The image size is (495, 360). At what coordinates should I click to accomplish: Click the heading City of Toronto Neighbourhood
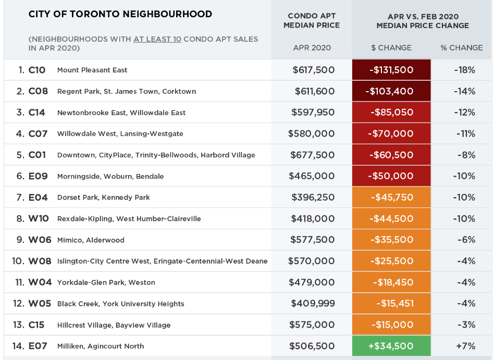120,14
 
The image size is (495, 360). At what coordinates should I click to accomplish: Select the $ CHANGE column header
391,47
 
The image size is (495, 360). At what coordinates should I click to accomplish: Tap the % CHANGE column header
461,47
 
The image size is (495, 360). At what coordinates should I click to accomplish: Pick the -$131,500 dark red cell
391,70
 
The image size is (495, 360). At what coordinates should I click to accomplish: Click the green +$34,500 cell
391,346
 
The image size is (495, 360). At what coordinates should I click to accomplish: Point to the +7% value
464,346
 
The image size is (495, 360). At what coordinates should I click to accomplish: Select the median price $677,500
312,155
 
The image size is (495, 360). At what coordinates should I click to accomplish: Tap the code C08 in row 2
38,91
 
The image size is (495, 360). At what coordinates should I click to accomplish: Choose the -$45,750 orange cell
391,197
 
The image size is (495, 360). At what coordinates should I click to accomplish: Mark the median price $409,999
312,304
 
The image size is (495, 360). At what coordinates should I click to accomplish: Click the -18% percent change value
464,70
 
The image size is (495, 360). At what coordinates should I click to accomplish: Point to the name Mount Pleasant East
92,70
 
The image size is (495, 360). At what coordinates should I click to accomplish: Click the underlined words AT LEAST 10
157,39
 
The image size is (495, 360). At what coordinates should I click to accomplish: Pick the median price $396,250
312,197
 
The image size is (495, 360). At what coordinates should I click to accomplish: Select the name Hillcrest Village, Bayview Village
114,325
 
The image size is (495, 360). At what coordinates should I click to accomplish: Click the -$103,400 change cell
391,91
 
